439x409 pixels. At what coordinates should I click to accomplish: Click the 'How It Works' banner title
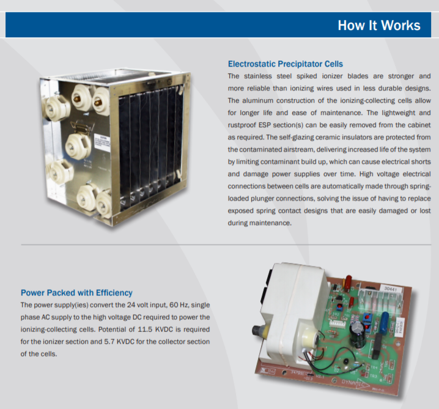[x=379, y=25]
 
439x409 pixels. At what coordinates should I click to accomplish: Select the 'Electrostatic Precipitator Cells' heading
[x=286, y=64]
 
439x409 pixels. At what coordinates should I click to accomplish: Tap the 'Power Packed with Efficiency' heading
[x=76, y=293]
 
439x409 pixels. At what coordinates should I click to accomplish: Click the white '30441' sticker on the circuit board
[x=391, y=289]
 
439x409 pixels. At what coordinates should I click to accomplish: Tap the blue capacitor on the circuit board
[x=385, y=322]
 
